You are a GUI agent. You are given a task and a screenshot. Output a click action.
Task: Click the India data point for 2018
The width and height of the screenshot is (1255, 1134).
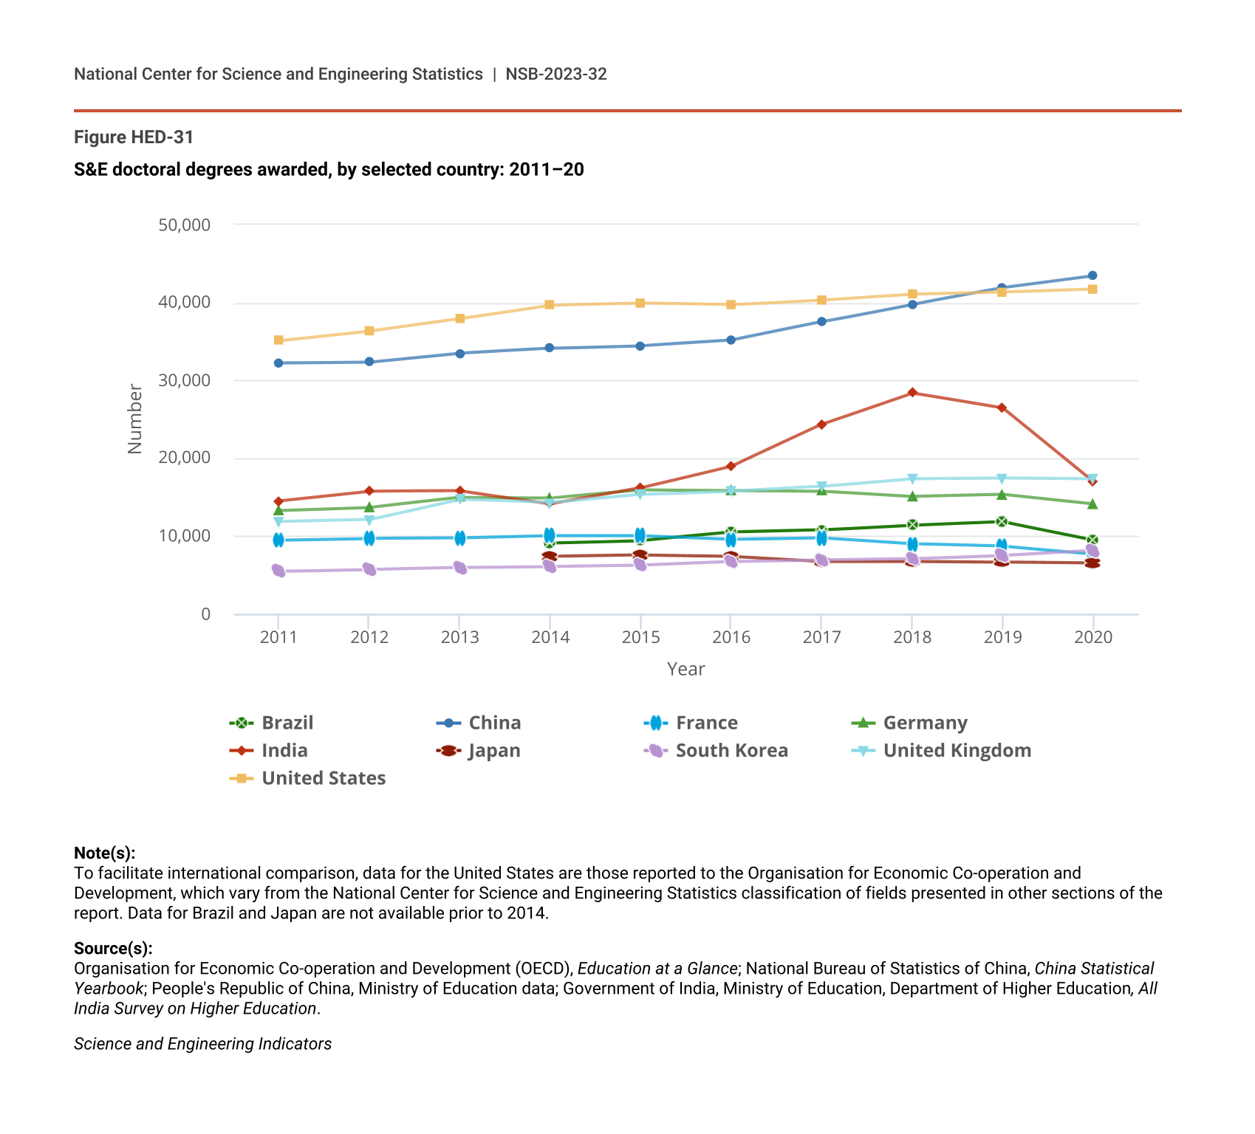point(912,393)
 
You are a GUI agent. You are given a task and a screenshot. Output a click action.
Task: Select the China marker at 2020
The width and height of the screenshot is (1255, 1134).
point(1092,276)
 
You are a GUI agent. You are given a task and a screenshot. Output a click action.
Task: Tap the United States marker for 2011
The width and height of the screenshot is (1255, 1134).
point(278,340)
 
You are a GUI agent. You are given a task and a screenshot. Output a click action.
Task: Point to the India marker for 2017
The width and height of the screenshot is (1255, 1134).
point(821,425)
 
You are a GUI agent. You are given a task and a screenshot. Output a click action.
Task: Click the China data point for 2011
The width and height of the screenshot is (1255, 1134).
point(278,363)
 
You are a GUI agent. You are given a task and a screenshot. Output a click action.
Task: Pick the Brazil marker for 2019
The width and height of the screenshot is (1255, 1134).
point(1002,522)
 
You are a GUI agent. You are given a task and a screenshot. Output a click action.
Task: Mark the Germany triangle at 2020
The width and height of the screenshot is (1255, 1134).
point(1092,504)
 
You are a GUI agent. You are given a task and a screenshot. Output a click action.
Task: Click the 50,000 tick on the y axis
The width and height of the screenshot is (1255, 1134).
point(185,224)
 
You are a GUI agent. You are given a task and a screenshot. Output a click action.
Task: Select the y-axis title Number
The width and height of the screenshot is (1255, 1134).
point(134,419)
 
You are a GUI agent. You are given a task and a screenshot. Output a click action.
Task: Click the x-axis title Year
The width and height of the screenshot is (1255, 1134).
point(685,669)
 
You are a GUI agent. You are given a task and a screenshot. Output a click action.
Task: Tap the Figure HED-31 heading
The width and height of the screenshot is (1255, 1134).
point(134,137)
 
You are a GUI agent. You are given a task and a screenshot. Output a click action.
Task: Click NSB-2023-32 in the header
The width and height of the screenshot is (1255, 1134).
point(556,74)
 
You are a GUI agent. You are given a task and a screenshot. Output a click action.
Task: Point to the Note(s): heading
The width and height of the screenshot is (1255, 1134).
point(104,853)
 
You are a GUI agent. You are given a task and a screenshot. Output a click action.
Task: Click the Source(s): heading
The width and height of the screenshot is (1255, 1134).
point(113,948)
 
